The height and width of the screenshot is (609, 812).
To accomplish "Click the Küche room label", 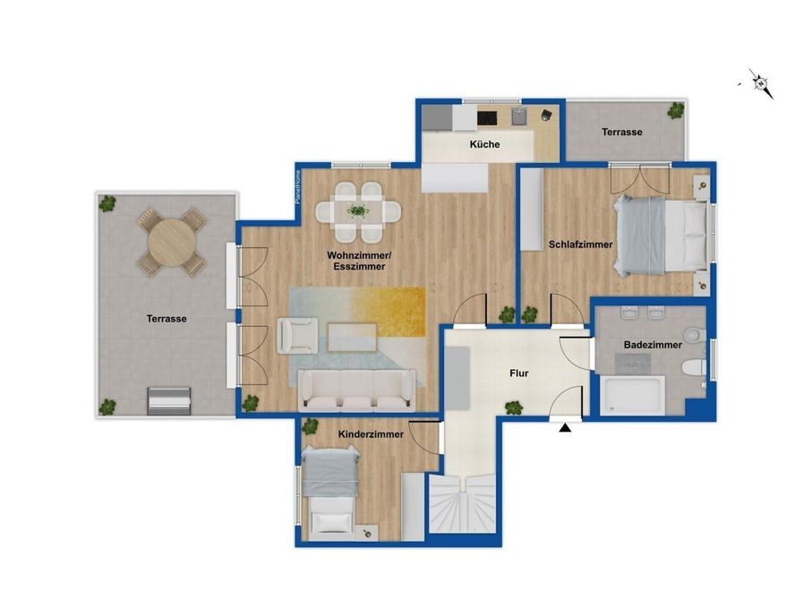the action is pos(484,144).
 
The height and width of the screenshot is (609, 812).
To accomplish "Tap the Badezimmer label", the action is pos(653,345).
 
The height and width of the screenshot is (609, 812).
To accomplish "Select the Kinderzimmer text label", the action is pos(371,434).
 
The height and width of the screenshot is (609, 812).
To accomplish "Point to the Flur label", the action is pos(519,373).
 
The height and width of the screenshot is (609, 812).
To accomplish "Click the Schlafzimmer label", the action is pos(580,244).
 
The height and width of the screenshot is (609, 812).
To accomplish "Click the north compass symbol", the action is pos(760,83).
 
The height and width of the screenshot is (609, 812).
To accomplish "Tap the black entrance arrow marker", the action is pos(565,428).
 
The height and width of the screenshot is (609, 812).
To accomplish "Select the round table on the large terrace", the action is pos(172,243).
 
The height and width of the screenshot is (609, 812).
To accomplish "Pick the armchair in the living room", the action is pos(297,336).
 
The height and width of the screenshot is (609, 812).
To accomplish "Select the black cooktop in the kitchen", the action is pos(487,118).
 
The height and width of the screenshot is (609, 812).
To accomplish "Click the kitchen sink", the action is pos(519,116).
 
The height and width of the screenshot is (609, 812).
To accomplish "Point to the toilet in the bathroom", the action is pos(694,367).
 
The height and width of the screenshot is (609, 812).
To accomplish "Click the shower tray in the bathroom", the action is pos(632,396).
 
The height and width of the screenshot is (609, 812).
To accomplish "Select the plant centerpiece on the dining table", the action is pos(358,210).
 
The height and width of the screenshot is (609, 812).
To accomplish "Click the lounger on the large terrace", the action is pos(169,401).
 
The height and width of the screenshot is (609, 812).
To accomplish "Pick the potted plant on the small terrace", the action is pos(675,110).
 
